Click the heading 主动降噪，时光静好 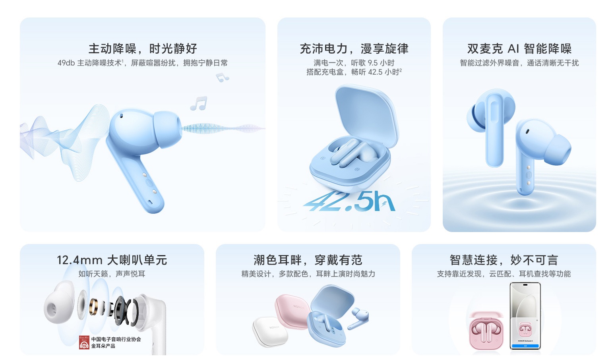pyautogui.click(x=143, y=48)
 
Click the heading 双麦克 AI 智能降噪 pyautogui.click(x=519, y=48)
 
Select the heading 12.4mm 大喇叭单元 pyautogui.click(x=112, y=260)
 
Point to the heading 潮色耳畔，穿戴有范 pyautogui.click(x=308, y=260)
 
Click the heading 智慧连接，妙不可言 pyautogui.click(x=504, y=260)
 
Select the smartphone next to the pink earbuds pyautogui.click(x=525, y=316)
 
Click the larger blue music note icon pyautogui.click(x=199, y=103)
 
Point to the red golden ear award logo pyautogui.click(x=84, y=342)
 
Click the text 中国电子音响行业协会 pyautogui.click(x=116, y=339)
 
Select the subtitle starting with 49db pyautogui.click(x=143, y=63)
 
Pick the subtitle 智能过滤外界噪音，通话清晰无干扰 pyautogui.click(x=519, y=63)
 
